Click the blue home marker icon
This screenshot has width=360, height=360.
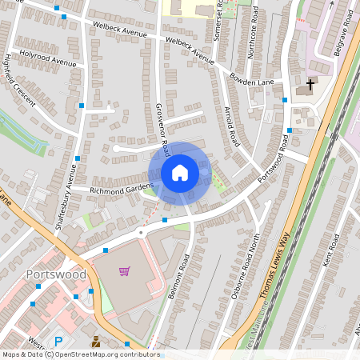coord(180,173)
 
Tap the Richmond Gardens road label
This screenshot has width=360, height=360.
coord(121,190)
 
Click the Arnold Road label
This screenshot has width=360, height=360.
coord(232,126)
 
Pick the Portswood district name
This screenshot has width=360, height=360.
coord(55,274)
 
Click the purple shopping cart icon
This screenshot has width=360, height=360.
coord(124,271)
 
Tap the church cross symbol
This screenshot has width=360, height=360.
coord(310,83)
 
